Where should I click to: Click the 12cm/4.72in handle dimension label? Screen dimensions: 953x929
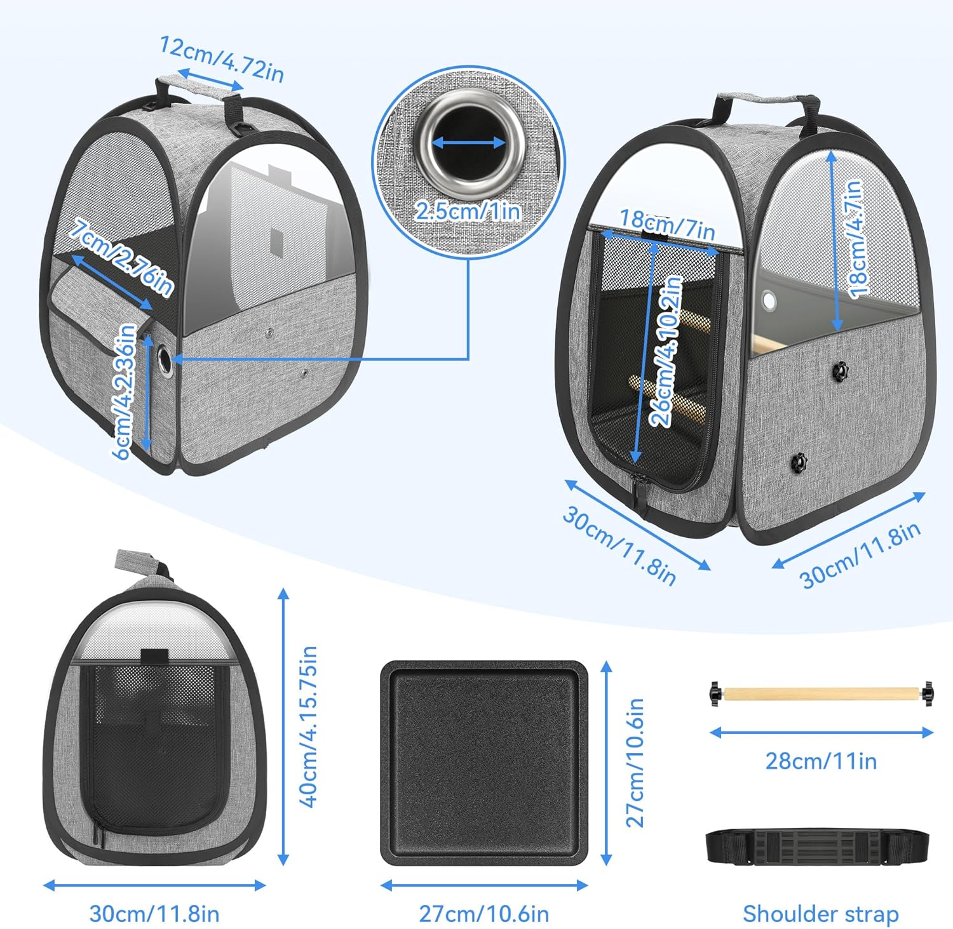pos(221,59)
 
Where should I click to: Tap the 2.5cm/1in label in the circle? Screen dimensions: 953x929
pos(468,210)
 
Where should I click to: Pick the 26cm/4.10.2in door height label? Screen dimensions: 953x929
pos(665,351)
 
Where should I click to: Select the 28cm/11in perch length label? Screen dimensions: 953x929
pos(821,760)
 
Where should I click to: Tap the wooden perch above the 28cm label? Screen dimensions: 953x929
pos(821,693)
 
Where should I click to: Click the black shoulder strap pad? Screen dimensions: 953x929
pos(820,847)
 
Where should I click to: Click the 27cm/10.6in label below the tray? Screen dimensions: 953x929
pos(484,914)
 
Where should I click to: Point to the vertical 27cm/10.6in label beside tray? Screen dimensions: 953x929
pos(635,762)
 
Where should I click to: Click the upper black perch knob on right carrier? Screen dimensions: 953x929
pos(841,370)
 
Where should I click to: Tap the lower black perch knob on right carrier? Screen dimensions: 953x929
pos(799,462)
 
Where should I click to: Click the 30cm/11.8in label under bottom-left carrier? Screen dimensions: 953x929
pos(154,914)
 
